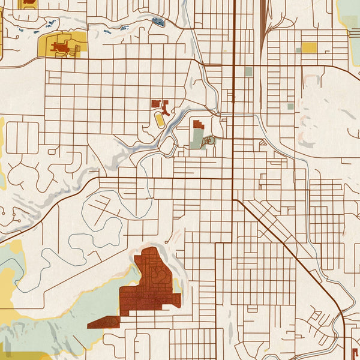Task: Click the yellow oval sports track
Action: pos(160,119)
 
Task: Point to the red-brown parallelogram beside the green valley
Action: pos(103,323)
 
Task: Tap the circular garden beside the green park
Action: pos(209,140)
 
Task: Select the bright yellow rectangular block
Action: pos(308,47)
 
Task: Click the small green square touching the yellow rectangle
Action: pos(298,50)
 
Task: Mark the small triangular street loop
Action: pos(263,143)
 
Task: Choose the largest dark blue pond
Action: pos(158,22)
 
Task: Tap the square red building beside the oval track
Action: pos(155,104)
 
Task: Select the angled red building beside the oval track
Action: pos(165,109)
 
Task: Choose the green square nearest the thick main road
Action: pos(248,71)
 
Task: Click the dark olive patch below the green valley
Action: pos(24,355)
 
